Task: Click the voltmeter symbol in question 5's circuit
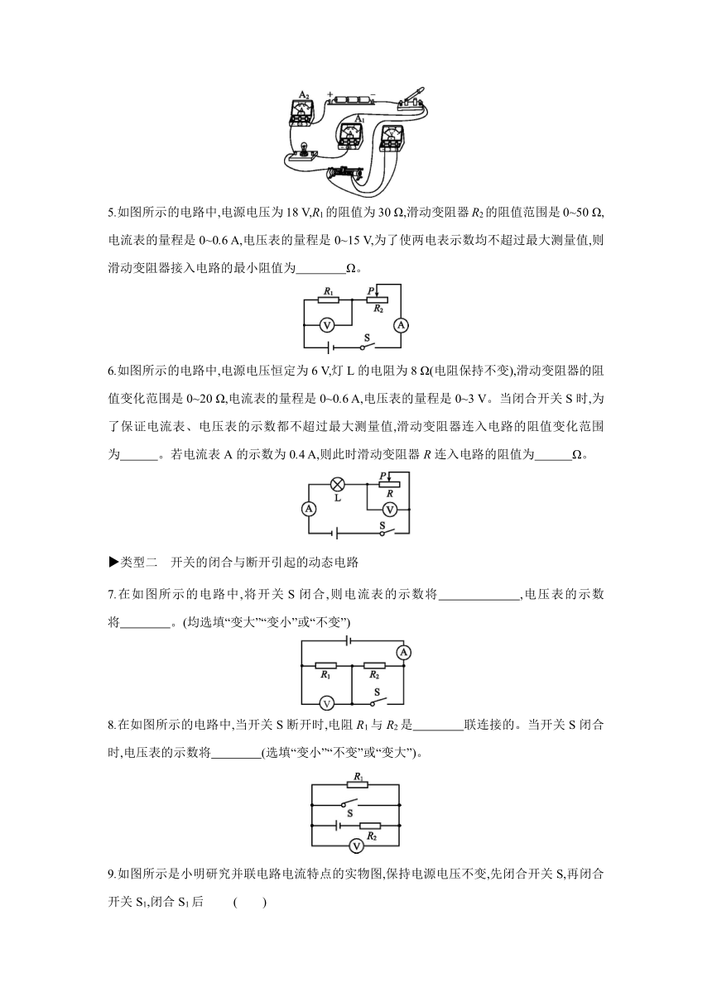pos(327,324)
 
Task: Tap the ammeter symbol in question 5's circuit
pos(401,324)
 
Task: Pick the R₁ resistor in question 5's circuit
pos(328,299)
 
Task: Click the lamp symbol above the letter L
pos(337,485)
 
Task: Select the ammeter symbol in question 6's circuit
pos(309,509)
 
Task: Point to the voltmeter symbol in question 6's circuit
pos(390,510)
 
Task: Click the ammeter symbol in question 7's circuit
pos(403,653)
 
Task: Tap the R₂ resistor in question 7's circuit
pos(374,666)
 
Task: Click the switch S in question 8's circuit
pos(349,802)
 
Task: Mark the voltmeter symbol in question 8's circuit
pos(357,846)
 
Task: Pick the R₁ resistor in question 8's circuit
pos(358,784)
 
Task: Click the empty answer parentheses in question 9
pos(250,902)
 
